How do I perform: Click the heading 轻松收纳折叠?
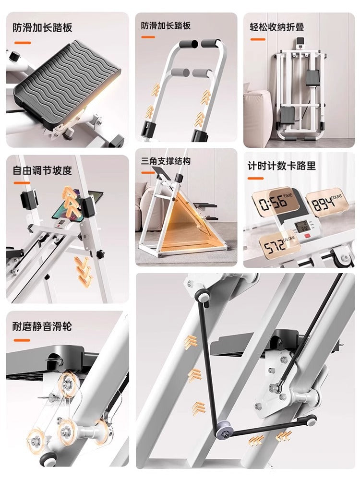click(276, 27)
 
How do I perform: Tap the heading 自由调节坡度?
click(42, 170)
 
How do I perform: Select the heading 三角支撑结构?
click(166, 161)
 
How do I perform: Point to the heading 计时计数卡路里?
click(281, 166)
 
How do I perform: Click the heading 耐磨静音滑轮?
click(42, 326)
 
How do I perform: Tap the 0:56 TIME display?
click(276, 202)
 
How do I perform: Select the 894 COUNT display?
click(327, 203)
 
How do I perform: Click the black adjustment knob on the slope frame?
click(100, 254)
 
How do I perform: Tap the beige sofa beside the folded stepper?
click(257, 114)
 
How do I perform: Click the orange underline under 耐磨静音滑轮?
click(22, 340)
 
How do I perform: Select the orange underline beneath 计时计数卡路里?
click(256, 178)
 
